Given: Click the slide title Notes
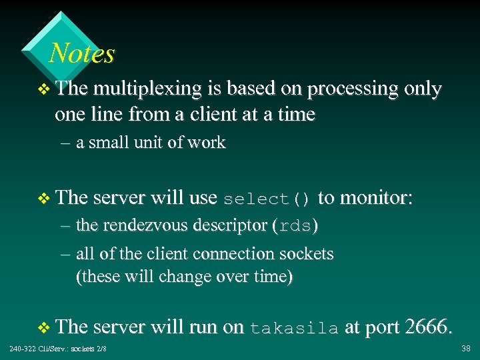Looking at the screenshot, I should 82,53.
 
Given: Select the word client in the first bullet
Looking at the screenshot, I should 214,114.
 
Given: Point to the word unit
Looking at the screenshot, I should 148,143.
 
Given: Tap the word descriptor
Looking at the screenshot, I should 231,225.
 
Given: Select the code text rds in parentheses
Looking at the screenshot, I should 295,226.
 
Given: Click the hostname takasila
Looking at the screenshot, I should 294,327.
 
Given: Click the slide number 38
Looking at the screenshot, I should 465,349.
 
